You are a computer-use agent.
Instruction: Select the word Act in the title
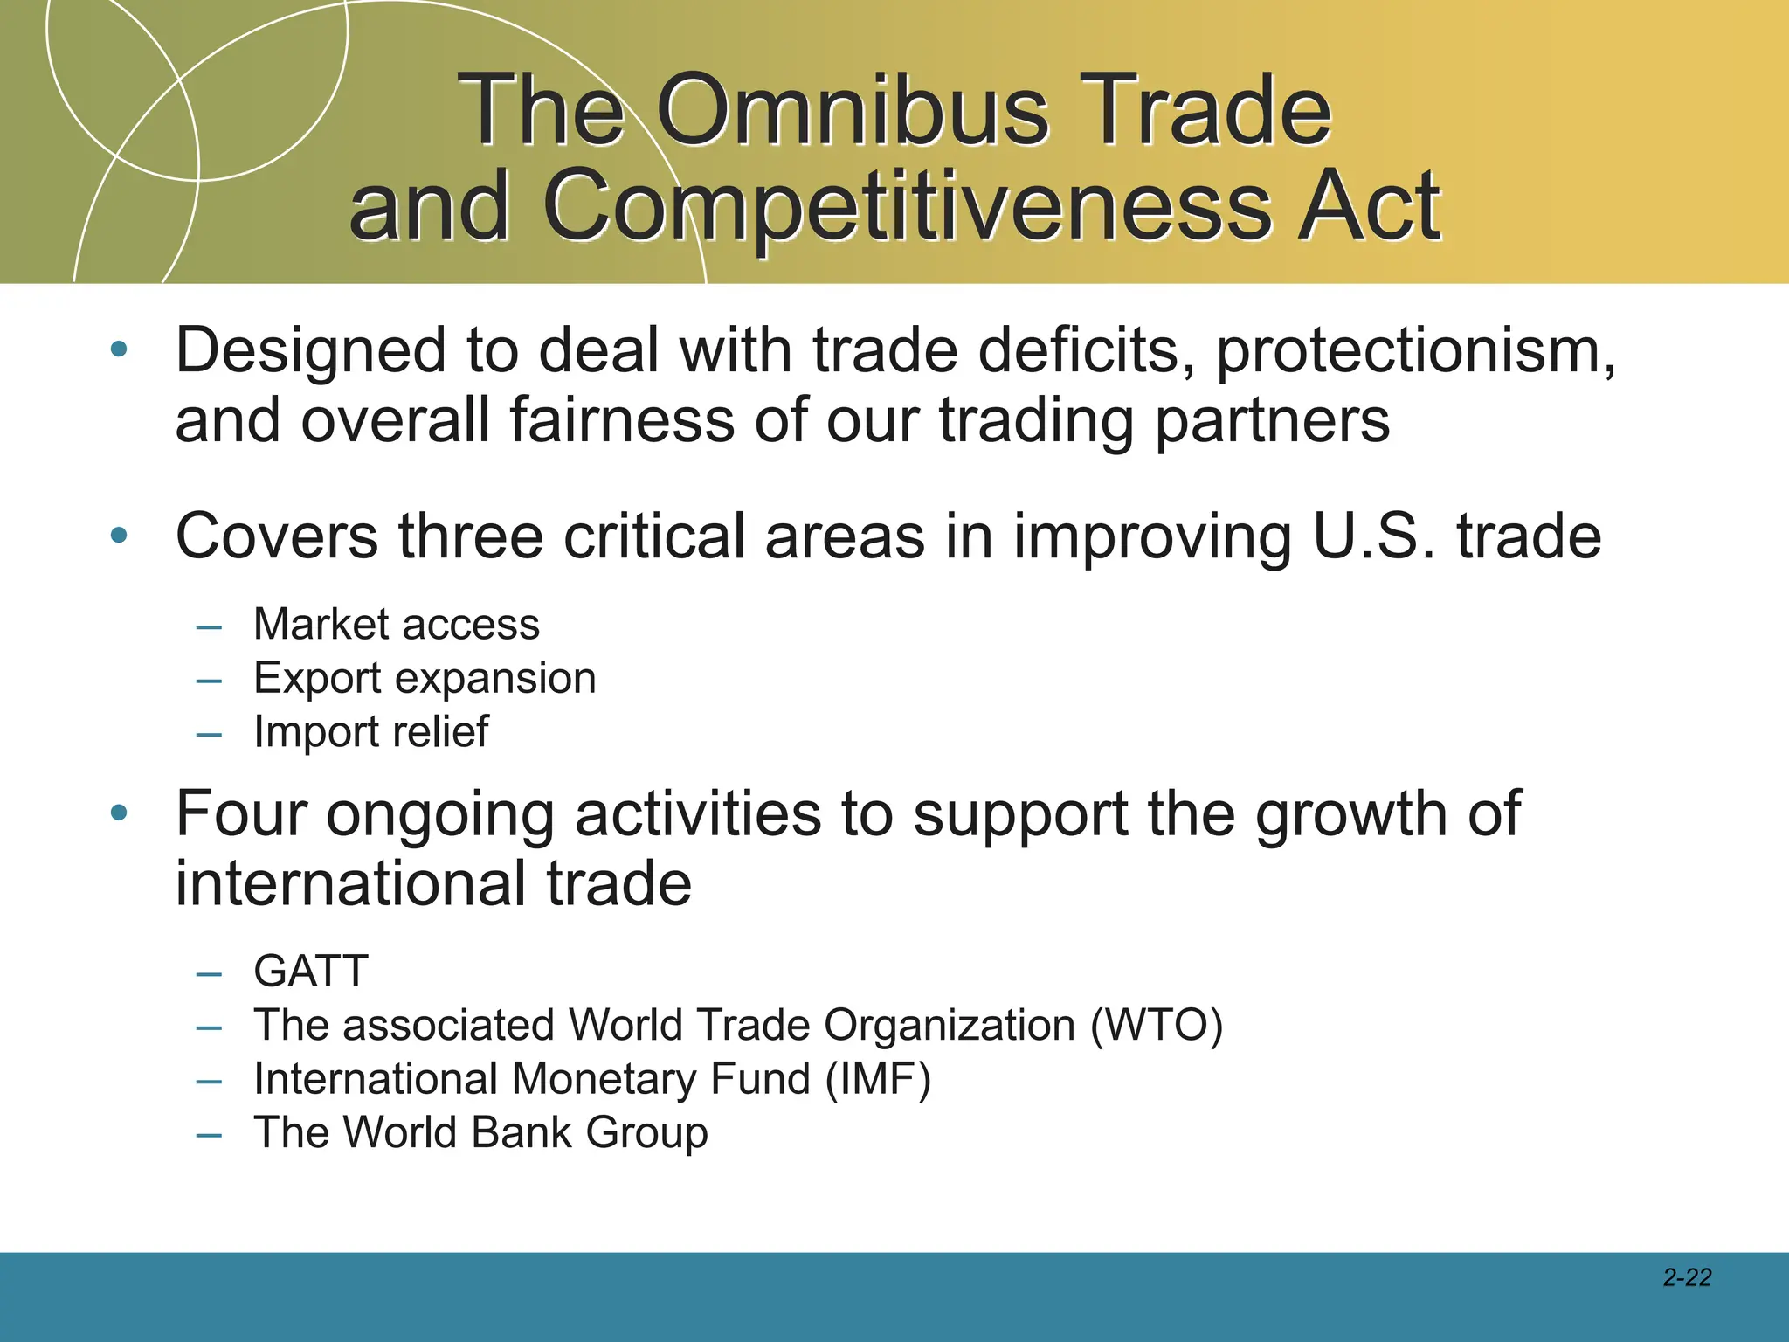(x=1369, y=207)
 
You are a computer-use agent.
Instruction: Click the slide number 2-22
(x=1687, y=1278)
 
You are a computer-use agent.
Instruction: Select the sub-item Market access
(x=397, y=625)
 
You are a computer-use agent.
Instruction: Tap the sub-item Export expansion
(x=425, y=679)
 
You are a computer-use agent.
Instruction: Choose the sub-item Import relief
(x=371, y=732)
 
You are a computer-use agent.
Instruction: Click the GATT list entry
(x=311, y=972)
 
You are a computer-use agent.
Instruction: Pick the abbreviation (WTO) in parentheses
(x=1157, y=1026)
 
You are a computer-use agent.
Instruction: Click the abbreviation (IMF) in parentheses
(x=879, y=1079)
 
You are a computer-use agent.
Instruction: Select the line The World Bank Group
(x=480, y=1133)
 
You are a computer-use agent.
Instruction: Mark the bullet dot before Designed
(x=119, y=350)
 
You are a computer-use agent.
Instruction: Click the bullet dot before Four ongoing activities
(x=119, y=813)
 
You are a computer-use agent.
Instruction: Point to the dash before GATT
(x=209, y=973)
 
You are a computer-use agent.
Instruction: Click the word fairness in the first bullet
(x=622, y=421)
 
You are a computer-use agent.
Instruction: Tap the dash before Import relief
(x=209, y=734)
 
